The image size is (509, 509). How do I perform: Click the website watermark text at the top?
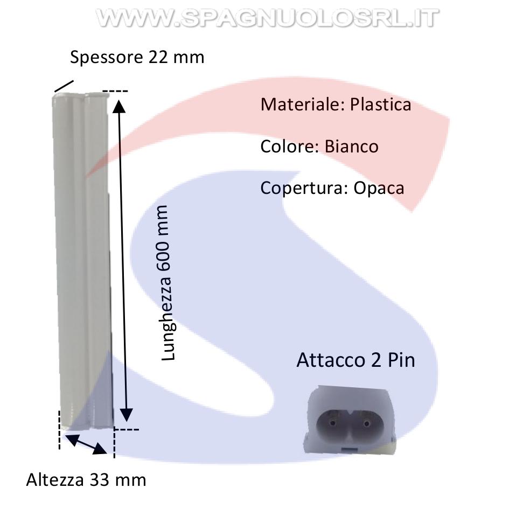(267, 18)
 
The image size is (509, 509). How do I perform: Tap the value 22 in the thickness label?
(158, 57)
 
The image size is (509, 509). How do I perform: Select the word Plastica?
(380, 105)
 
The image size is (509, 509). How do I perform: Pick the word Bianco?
(352, 146)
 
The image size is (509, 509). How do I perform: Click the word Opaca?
(379, 189)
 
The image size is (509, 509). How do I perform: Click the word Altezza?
(55, 480)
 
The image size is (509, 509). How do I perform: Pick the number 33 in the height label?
(99, 480)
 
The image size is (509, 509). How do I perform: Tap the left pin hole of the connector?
(332, 423)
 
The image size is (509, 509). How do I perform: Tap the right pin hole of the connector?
(367, 423)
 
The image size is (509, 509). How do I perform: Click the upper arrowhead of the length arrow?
(119, 106)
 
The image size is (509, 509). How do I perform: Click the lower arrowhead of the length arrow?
(126, 415)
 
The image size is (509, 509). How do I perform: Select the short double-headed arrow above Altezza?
(86, 443)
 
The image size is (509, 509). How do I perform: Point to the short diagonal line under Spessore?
(64, 86)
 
